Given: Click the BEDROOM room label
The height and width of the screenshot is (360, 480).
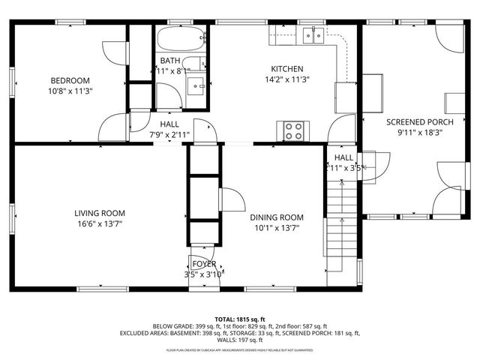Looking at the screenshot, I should [x=70, y=81].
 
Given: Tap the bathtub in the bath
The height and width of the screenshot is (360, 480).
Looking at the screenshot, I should [x=180, y=37].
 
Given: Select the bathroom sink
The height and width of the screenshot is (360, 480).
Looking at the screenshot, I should [x=198, y=85].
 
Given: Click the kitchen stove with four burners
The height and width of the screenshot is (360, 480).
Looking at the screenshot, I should [x=294, y=131].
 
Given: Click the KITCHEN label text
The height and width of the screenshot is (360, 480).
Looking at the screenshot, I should [x=287, y=67].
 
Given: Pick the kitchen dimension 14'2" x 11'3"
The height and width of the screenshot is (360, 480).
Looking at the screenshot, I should [x=287, y=79].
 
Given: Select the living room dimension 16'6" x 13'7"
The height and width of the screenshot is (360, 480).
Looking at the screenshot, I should [x=99, y=223].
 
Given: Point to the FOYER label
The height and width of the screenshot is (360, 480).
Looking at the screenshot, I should [x=204, y=264].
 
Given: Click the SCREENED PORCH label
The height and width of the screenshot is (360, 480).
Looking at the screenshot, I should [x=419, y=121].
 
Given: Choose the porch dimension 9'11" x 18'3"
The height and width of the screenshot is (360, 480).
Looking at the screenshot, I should [x=419, y=133].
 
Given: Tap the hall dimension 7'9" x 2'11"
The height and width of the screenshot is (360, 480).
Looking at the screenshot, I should [x=169, y=135].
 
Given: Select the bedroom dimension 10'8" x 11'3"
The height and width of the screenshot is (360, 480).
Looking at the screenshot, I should [x=70, y=91].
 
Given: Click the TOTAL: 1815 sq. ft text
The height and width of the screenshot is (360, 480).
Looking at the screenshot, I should [x=240, y=319].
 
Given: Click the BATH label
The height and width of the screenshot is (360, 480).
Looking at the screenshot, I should [x=169, y=61].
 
